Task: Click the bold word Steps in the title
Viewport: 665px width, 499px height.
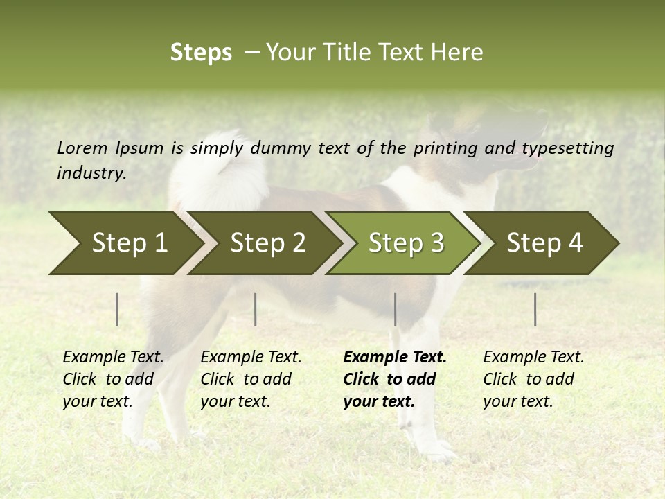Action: click(x=201, y=53)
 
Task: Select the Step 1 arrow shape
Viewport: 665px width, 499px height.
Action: click(x=125, y=243)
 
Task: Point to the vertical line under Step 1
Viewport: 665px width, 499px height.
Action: click(x=117, y=309)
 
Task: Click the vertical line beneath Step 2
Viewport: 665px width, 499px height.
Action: click(x=256, y=309)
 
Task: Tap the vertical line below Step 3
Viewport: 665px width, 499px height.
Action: click(x=396, y=309)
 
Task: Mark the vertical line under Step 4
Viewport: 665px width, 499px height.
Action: click(x=535, y=309)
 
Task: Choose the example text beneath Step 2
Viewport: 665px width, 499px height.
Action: click(x=250, y=379)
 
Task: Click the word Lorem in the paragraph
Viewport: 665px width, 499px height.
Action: click(x=82, y=148)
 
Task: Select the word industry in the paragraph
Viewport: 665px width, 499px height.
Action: click(x=91, y=173)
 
